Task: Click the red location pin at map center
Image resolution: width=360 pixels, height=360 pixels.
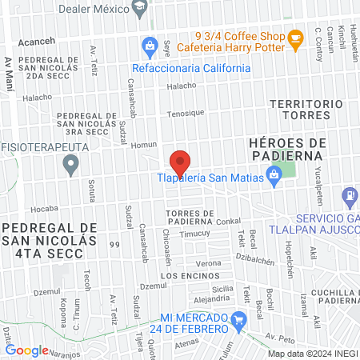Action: click(180, 162)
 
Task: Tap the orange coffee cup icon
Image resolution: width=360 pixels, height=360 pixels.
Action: click(296, 37)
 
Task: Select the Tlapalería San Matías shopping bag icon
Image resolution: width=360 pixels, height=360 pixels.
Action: click(274, 174)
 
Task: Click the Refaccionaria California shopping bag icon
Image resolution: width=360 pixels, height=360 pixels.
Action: click(148, 44)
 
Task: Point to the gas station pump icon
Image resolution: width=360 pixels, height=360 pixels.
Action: click(349, 195)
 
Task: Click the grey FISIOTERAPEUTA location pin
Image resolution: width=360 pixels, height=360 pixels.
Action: click(71, 166)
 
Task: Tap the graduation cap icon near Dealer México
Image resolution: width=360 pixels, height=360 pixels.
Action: click(141, 7)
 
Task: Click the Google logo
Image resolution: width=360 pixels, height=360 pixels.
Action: click(26, 350)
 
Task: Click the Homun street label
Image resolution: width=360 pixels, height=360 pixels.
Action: click(144, 145)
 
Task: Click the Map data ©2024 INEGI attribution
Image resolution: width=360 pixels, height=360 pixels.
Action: click(311, 354)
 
